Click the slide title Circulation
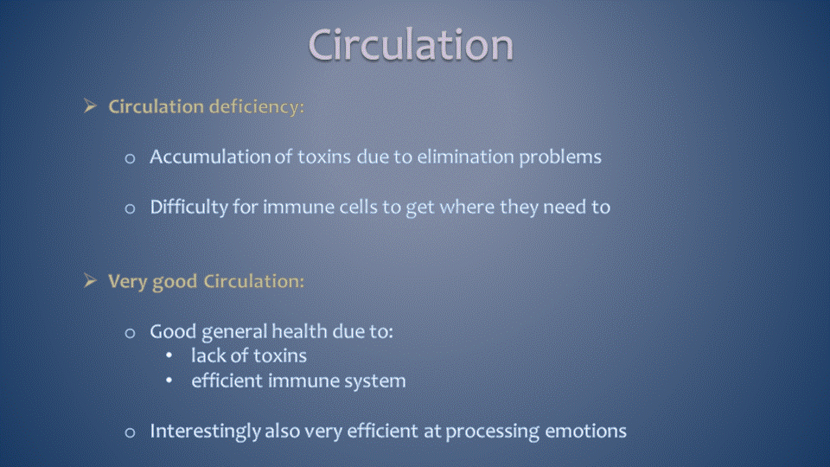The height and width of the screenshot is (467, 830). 411,44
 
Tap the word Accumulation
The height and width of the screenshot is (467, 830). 210,157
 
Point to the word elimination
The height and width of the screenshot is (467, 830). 465,157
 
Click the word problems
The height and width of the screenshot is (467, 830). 560,157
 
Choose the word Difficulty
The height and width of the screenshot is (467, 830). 188,207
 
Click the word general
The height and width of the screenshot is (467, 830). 234,332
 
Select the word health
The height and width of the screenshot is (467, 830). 300,331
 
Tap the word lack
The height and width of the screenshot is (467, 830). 208,355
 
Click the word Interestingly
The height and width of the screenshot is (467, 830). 205,432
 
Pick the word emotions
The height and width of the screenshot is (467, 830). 586,432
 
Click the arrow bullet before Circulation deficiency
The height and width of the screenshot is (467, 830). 90,106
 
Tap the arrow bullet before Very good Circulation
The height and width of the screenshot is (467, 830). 90,280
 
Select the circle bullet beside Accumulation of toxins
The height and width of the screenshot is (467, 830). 130,158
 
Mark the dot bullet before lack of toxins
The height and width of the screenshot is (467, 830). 169,355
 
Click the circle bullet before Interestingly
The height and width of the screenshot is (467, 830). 130,433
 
